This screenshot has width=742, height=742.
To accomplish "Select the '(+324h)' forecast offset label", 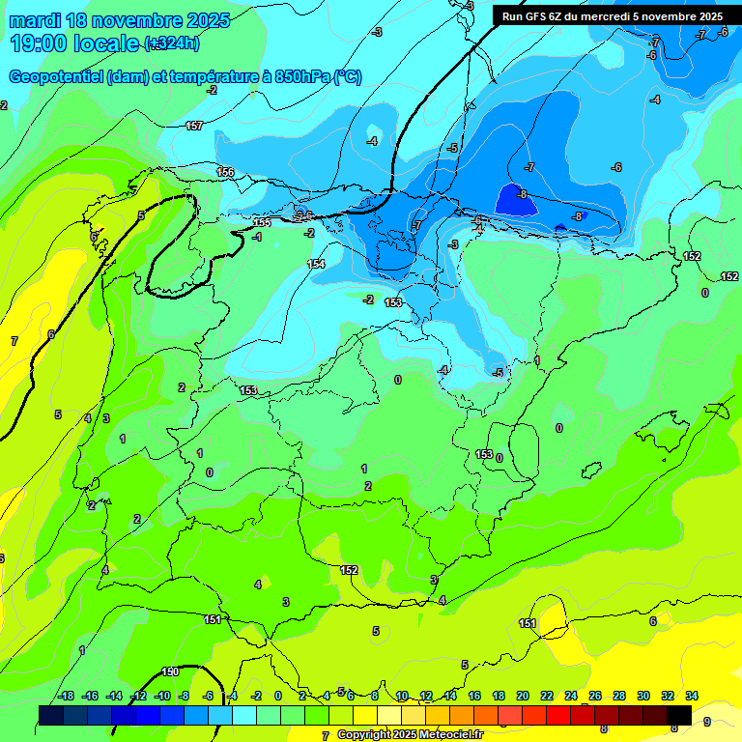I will click(x=172, y=43).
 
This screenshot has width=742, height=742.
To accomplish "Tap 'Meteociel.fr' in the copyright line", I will click(x=445, y=735).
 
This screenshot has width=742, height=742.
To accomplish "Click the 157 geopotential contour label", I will click(x=194, y=127).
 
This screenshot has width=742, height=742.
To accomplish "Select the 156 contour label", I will click(x=225, y=172).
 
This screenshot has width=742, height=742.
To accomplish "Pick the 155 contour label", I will click(x=262, y=223).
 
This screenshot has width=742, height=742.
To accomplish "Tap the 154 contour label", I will click(x=316, y=264).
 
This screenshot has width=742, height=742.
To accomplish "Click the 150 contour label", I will click(x=170, y=671).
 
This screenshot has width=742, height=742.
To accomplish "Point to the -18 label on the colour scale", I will click(x=66, y=696).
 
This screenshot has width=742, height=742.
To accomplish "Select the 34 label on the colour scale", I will click(x=692, y=696).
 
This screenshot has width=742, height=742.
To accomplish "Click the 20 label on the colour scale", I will click(x=523, y=696).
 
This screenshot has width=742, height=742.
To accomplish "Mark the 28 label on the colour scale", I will click(x=619, y=696).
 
